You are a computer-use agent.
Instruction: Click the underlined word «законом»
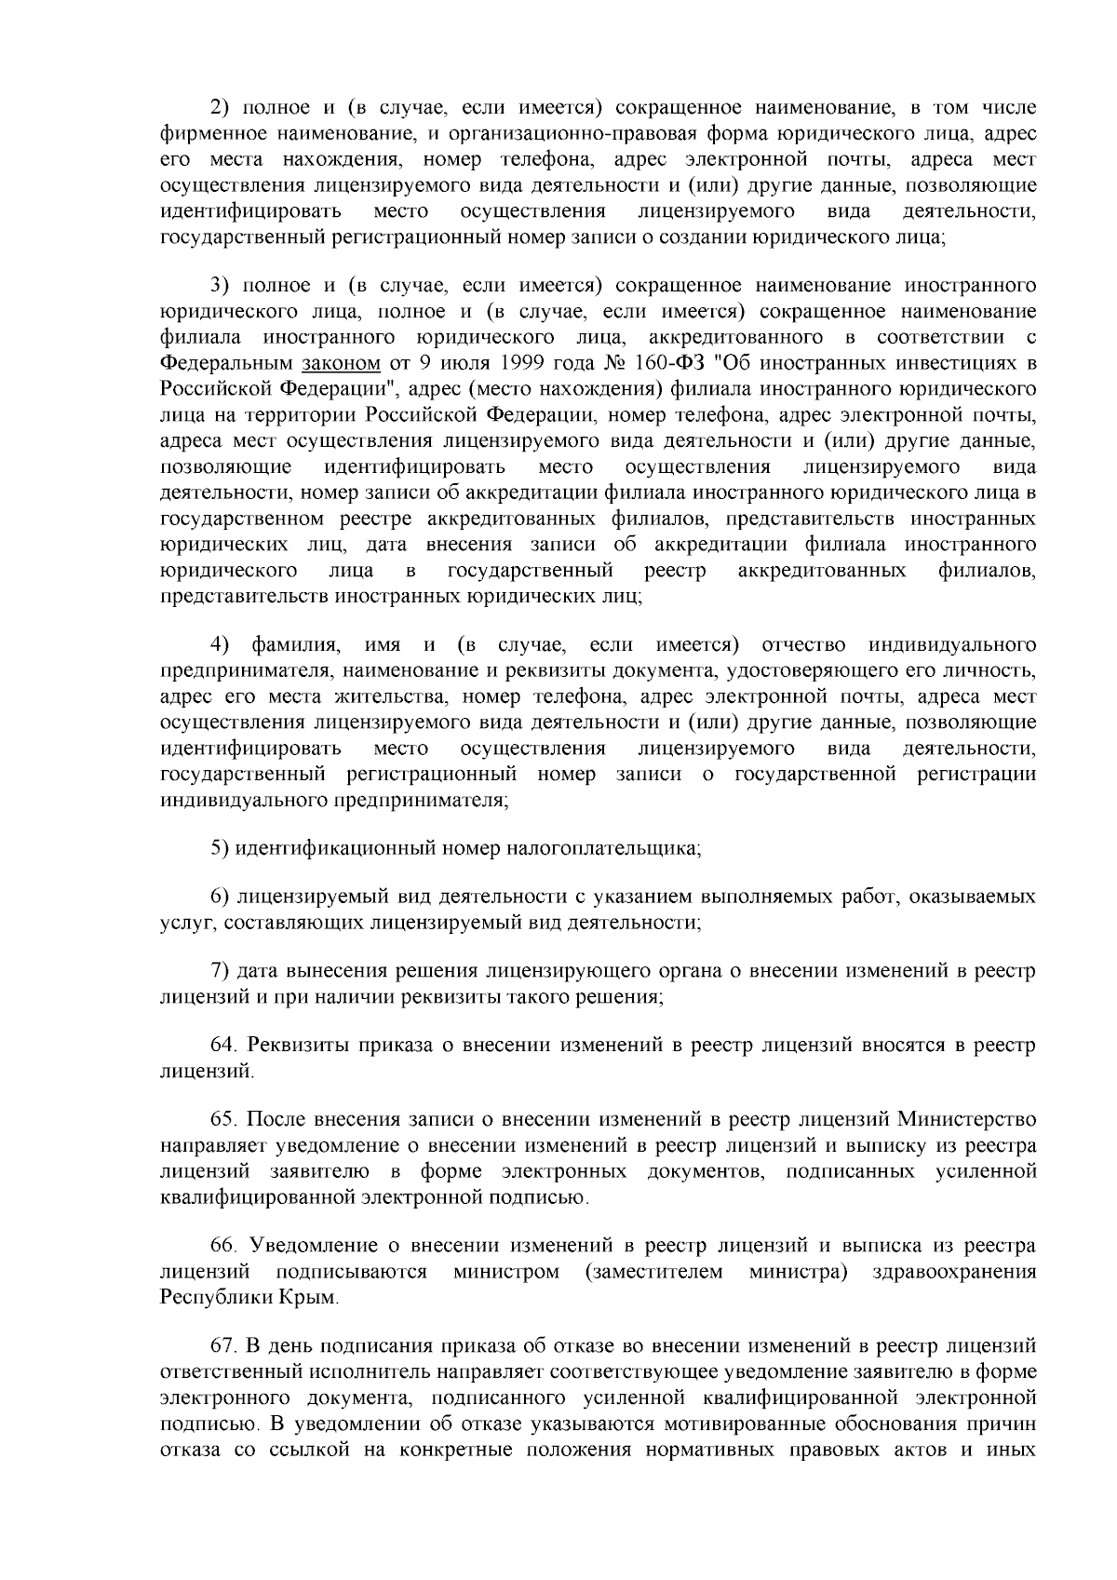click(343, 362)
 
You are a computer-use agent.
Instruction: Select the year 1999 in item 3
click(521, 362)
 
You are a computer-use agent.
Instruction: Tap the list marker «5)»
click(219, 848)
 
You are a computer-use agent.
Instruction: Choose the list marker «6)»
click(219, 897)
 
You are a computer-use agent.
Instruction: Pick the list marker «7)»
click(219, 971)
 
